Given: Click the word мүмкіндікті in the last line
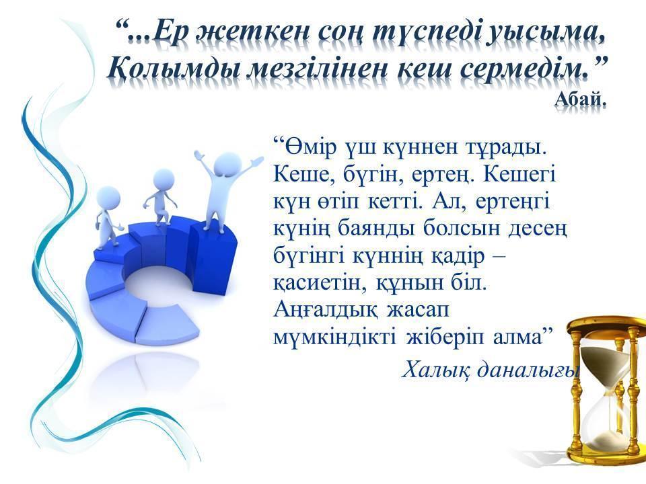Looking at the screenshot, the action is pyautogui.click(x=335, y=337).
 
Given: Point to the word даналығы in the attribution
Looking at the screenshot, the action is pyautogui.click(x=528, y=370).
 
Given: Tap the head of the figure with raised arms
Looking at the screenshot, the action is pyautogui.click(x=227, y=165).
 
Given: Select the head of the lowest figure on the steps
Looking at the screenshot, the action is pyautogui.click(x=108, y=198).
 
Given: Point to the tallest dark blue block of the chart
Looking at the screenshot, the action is pyautogui.click(x=213, y=259).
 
